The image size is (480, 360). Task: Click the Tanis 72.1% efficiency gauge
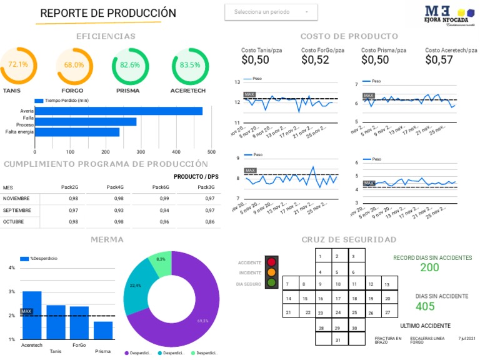coord(17,64)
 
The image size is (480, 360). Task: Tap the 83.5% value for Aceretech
coord(190,65)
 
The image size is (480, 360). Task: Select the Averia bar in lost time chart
coord(118,111)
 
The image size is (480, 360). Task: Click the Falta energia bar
coord(77,132)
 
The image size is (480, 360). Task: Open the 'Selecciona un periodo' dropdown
coord(271,12)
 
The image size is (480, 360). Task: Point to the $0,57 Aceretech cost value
coord(439,60)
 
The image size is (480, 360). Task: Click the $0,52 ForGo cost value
coord(315,60)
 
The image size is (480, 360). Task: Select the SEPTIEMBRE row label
coord(17,210)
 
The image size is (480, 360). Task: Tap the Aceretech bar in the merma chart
coord(32,315)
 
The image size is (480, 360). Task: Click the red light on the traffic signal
coord(271,262)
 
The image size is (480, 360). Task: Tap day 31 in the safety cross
coord(337,340)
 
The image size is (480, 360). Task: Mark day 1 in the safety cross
coord(320,256)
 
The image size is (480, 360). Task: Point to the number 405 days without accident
coord(425,307)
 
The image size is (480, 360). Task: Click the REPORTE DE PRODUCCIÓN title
coord(108,13)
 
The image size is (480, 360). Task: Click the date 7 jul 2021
coord(467,338)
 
